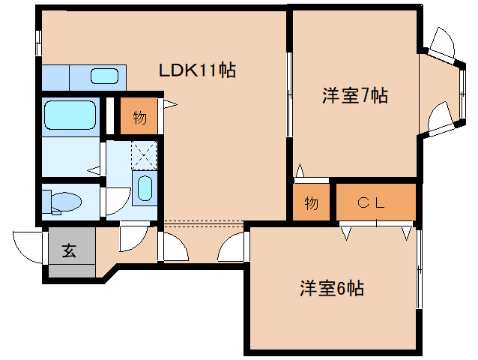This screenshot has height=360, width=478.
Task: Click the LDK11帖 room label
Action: click(x=197, y=71)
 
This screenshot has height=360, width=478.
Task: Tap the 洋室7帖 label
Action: click(x=354, y=96)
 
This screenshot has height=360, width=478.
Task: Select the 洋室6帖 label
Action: click(x=333, y=288)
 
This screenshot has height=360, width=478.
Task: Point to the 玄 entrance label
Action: click(x=68, y=251)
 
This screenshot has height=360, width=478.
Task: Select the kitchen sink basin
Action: click(x=103, y=76)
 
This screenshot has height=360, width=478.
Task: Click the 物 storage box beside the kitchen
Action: click(x=139, y=118)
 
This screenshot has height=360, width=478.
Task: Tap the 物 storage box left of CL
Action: click(x=312, y=202)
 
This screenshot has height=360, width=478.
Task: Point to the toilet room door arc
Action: click(x=115, y=200)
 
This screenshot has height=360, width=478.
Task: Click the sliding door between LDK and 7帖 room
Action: click(x=289, y=94)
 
